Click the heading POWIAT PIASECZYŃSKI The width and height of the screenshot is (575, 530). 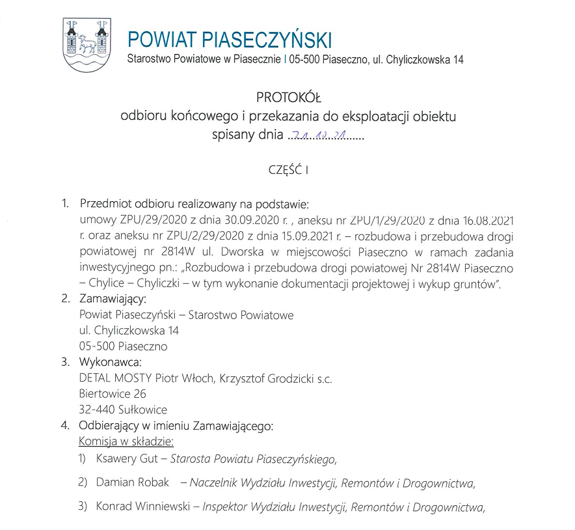(x=230, y=40)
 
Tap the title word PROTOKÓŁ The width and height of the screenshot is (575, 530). (x=288, y=98)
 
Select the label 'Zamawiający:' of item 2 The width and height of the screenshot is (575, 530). (x=113, y=300)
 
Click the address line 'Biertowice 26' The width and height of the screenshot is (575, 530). (x=113, y=394)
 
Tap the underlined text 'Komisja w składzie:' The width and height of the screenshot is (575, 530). (x=126, y=441)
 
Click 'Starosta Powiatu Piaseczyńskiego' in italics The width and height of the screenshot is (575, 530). (x=253, y=458)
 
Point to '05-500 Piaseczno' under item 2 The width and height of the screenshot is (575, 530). (x=123, y=346)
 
